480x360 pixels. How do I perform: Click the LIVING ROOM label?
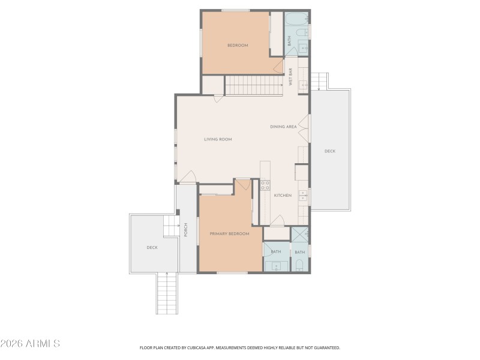click(218, 139)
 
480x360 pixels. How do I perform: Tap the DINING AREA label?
click(283, 127)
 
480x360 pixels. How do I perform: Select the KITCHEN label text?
click(283, 196)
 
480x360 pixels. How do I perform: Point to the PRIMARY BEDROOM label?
click(229, 233)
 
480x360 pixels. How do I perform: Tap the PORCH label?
click(186, 229)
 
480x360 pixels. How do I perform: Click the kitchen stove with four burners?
click(265, 185)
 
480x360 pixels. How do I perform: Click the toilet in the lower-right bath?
click(300, 265)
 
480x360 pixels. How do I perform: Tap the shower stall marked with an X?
click(300, 234)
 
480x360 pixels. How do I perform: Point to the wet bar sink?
click(304, 84)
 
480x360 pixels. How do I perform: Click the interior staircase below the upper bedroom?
click(253, 86)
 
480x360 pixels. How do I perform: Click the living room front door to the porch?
click(187, 178)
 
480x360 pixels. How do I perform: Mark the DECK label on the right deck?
click(329, 151)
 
